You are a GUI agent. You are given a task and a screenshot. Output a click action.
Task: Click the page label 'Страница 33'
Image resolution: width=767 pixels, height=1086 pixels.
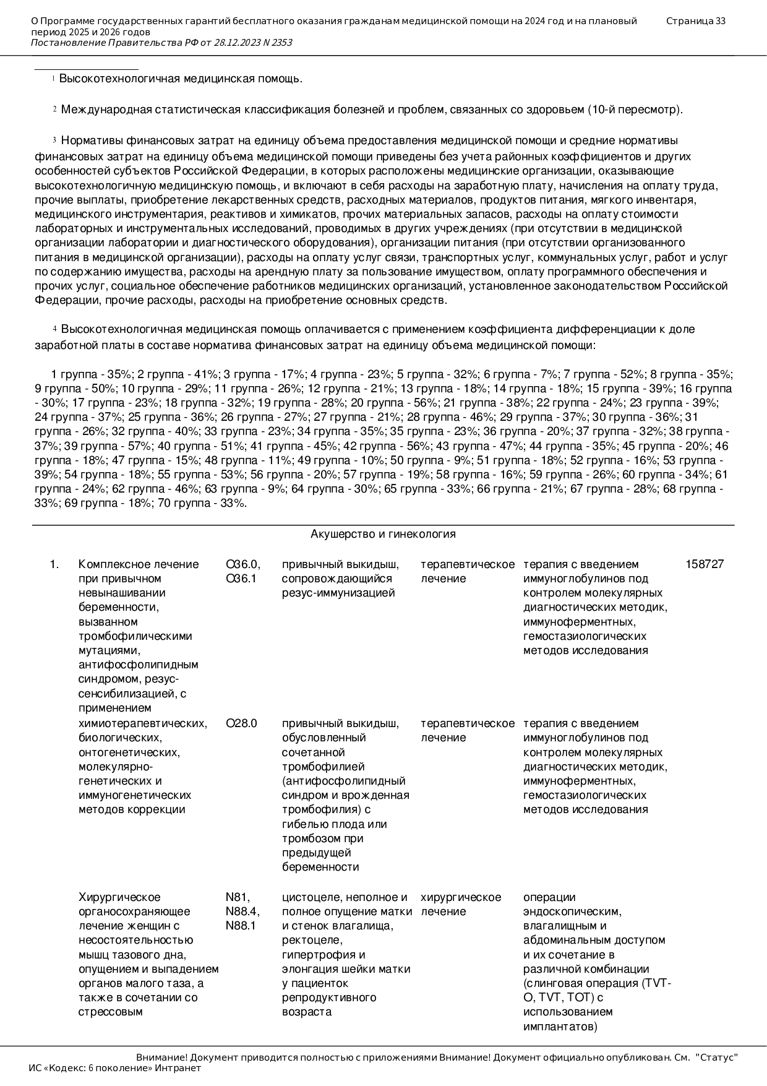pyautogui.click(x=695, y=21)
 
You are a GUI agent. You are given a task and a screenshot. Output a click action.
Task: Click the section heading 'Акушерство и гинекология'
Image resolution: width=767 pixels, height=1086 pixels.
pyautogui.click(x=383, y=534)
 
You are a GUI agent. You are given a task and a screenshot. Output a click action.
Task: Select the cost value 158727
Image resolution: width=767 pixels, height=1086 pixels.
pyautogui.click(x=704, y=564)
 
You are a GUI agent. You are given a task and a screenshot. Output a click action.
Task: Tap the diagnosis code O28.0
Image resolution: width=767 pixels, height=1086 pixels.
pyautogui.click(x=241, y=723)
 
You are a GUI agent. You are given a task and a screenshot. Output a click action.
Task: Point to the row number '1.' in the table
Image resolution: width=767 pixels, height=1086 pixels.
pyautogui.click(x=54, y=564)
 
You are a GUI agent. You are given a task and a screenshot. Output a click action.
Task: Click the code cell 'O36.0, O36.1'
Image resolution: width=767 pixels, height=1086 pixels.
pyautogui.click(x=242, y=571)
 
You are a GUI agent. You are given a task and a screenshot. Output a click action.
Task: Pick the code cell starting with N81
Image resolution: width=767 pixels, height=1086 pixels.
pyautogui.click(x=242, y=911)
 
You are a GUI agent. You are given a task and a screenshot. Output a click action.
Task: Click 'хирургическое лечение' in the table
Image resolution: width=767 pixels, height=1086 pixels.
pyautogui.click(x=461, y=904)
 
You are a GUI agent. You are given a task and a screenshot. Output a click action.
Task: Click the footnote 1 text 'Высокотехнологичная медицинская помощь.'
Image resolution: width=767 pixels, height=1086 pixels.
pyautogui.click(x=181, y=79)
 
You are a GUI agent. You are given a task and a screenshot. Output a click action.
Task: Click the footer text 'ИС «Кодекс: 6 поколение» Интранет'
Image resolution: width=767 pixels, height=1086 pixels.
pyautogui.click(x=115, y=1068)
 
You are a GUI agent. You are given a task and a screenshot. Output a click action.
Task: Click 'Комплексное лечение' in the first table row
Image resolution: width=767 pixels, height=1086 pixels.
pyautogui.click(x=139, y=564)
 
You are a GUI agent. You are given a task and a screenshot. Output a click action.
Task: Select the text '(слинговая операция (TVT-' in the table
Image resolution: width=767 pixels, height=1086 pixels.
pyautogui.click(x=597, y=983)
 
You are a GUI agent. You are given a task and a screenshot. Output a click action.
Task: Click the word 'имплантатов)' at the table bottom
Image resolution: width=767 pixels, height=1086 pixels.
pyautogui.click(x=560, y=1027)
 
